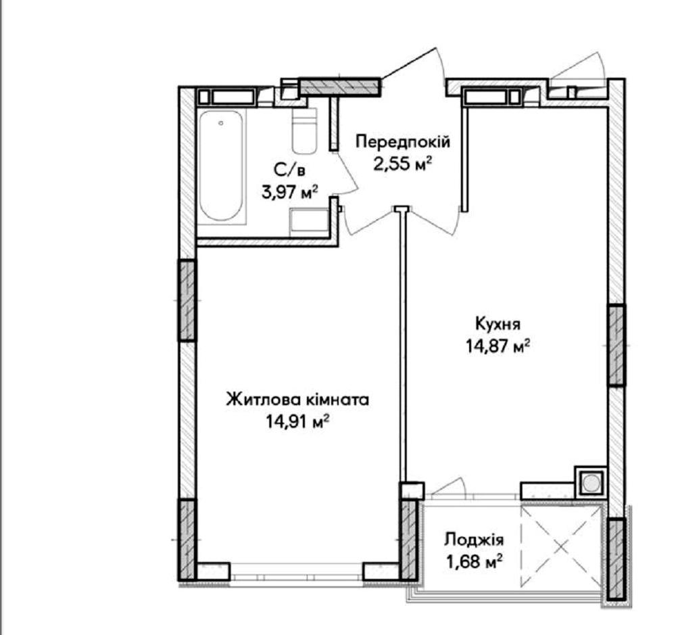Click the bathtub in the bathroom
pyautogui.click(x=222, y=167)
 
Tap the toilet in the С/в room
pyautogui.click(x=304, y=131)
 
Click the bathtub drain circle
pyautogui.click(x=221, y=123)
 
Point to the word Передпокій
pyautogui.click(x=403, y=141)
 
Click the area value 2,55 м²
pyautogui.click(x=403, y=164)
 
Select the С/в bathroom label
pyautogui.click(x=289, y=170)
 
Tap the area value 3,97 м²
pyautogui.click(x=290, y=191)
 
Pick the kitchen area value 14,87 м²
pyautogui.click(x=498, y=346)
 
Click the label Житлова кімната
pyautogui.click(x=298, y=400)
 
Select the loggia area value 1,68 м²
pyautogui.click(x=475, y=561)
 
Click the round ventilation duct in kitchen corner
pyautogui.click(x=591, y=482)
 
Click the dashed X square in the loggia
pyautogui.click(x=561, y=546)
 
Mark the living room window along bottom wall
pyautogui.click(x=297, y=570)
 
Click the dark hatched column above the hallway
pyautogui.click(x=340, y=87)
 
